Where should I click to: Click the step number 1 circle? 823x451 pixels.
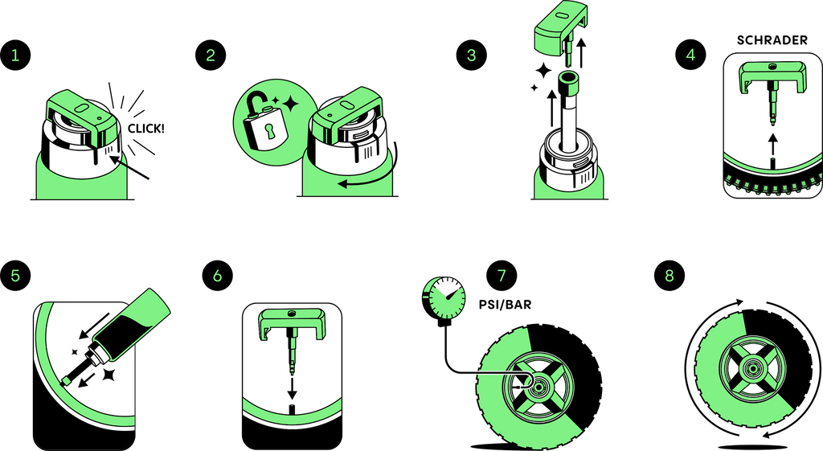coord(15,55)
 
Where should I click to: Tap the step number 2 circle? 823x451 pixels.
coord(211,55)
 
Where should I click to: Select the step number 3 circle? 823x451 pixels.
coord(471,55)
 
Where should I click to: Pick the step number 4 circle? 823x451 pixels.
coord(690,55)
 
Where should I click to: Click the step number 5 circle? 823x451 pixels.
coord(15,275)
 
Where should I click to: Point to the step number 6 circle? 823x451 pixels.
coord(218,275)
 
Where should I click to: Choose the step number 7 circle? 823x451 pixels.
coord(502,275)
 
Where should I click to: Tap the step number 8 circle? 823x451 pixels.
coord(669,275)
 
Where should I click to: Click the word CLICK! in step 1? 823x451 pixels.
coord(146,129)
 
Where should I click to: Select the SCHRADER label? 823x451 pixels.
coord(772,40)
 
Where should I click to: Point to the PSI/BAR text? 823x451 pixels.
coord(505,305)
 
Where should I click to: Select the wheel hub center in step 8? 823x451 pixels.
coord(753,368)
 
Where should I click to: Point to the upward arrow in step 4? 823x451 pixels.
coord(772,144)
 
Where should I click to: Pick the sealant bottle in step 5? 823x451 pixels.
coord(121,335)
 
